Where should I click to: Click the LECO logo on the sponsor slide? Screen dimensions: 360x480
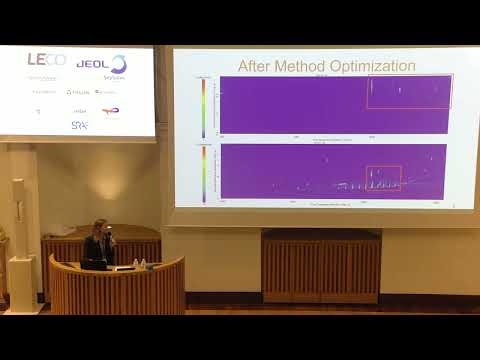46,61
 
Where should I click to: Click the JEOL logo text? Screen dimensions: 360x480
93,63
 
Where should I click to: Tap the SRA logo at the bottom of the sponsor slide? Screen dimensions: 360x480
79,125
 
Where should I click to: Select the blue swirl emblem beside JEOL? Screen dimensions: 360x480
118,64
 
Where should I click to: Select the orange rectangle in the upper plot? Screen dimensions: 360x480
409,91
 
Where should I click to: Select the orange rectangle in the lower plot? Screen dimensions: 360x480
384,178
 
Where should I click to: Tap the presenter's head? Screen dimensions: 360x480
100,227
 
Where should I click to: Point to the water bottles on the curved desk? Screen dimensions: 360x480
140,264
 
